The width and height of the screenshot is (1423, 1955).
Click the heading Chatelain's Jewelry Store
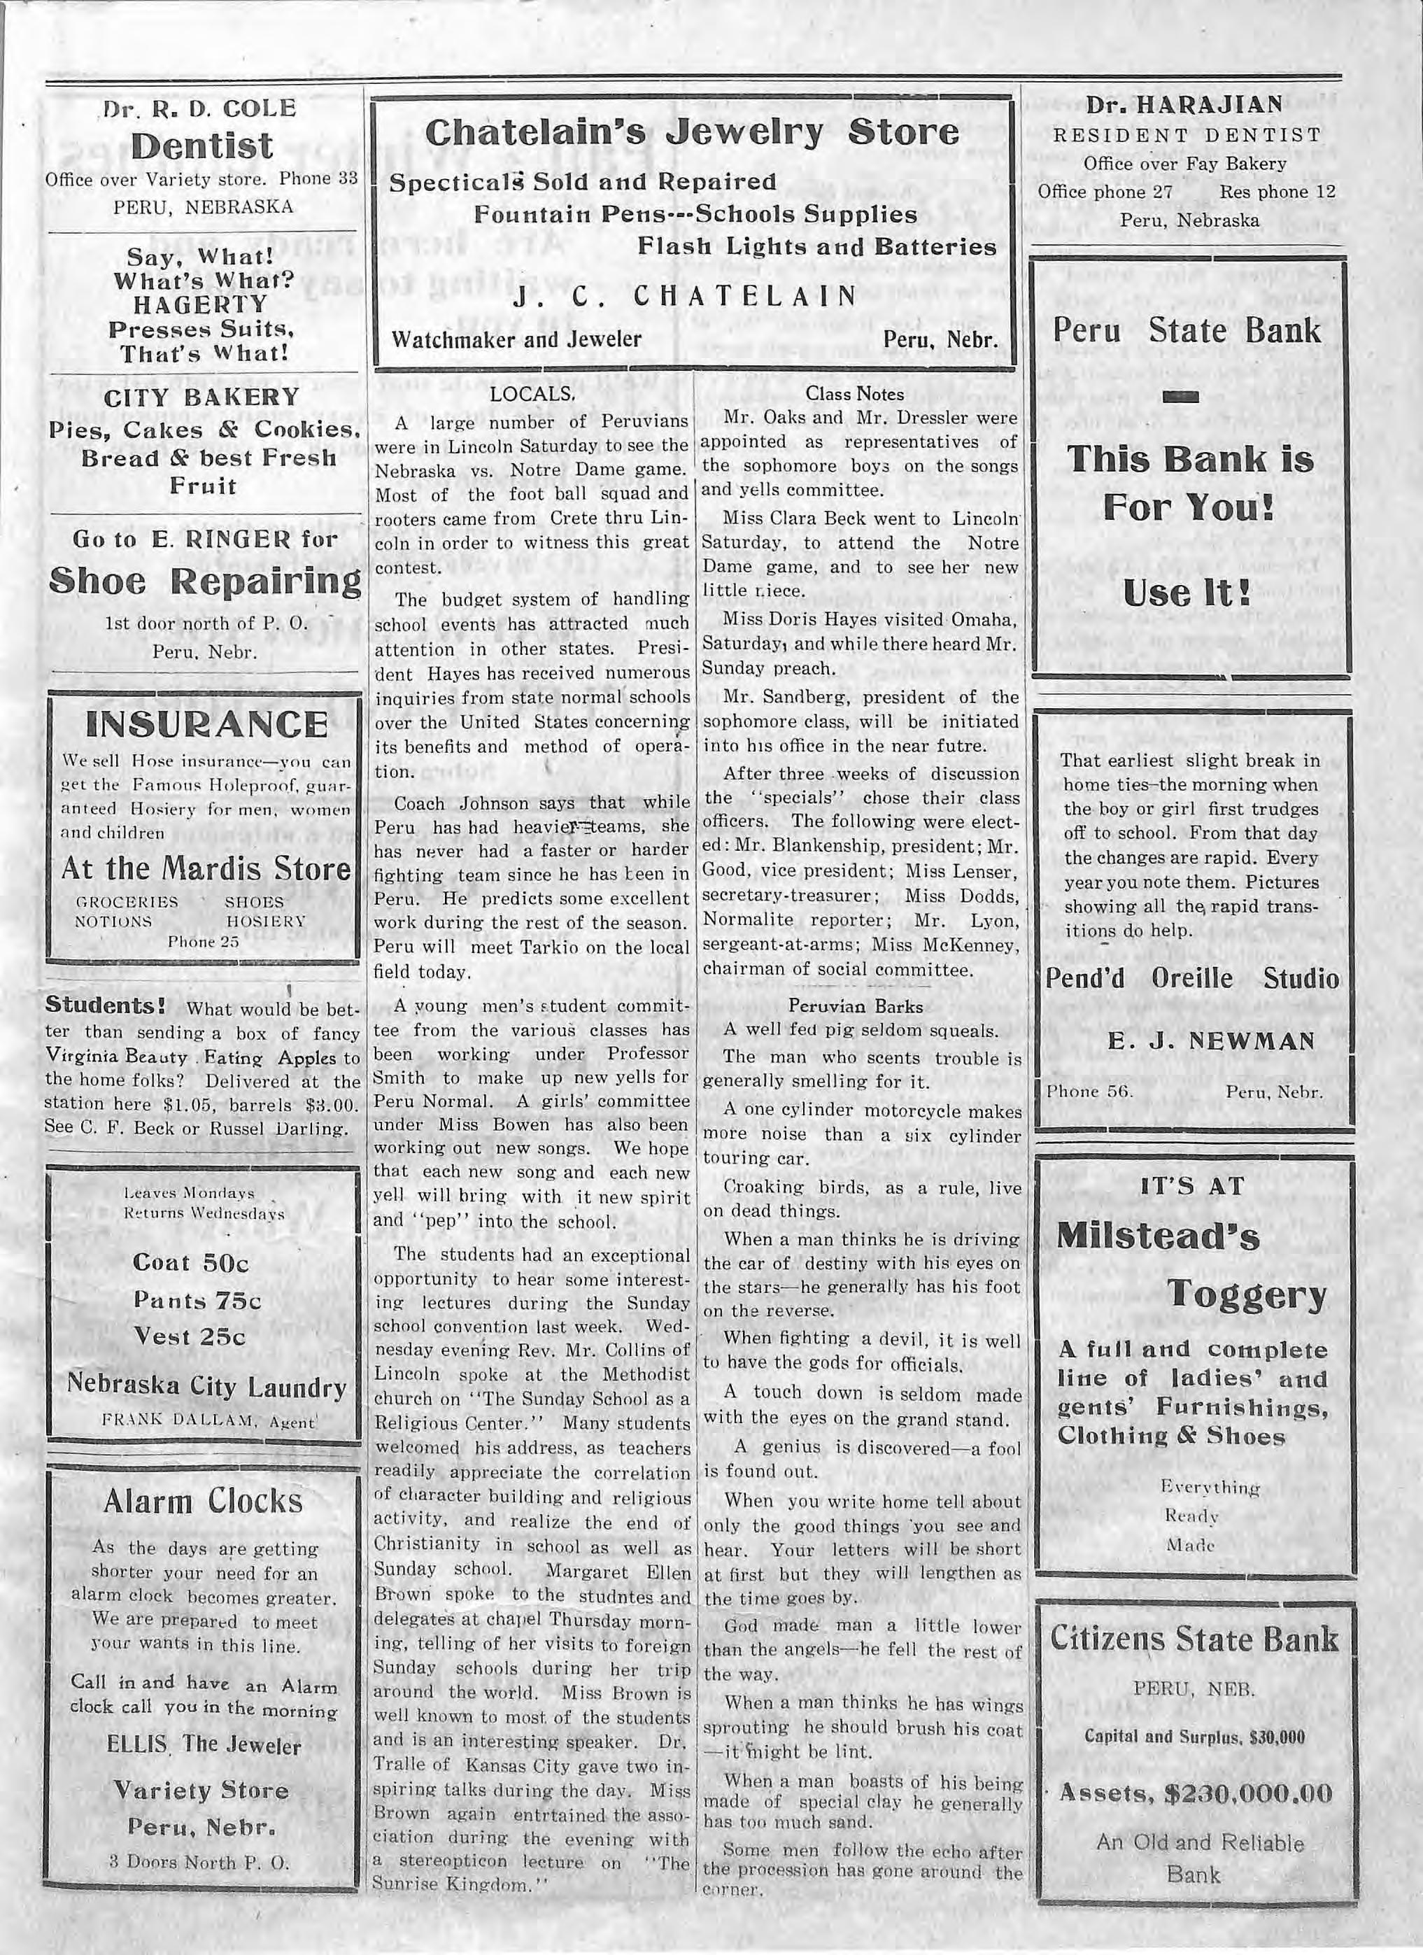coord(691,133)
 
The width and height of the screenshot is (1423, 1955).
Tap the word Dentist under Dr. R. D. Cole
coord(204,146)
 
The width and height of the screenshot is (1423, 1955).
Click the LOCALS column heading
coord(532,395)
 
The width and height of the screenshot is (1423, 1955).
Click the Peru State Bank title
coord(1186,331)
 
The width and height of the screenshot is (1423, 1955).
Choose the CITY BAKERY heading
coord(201,397)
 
